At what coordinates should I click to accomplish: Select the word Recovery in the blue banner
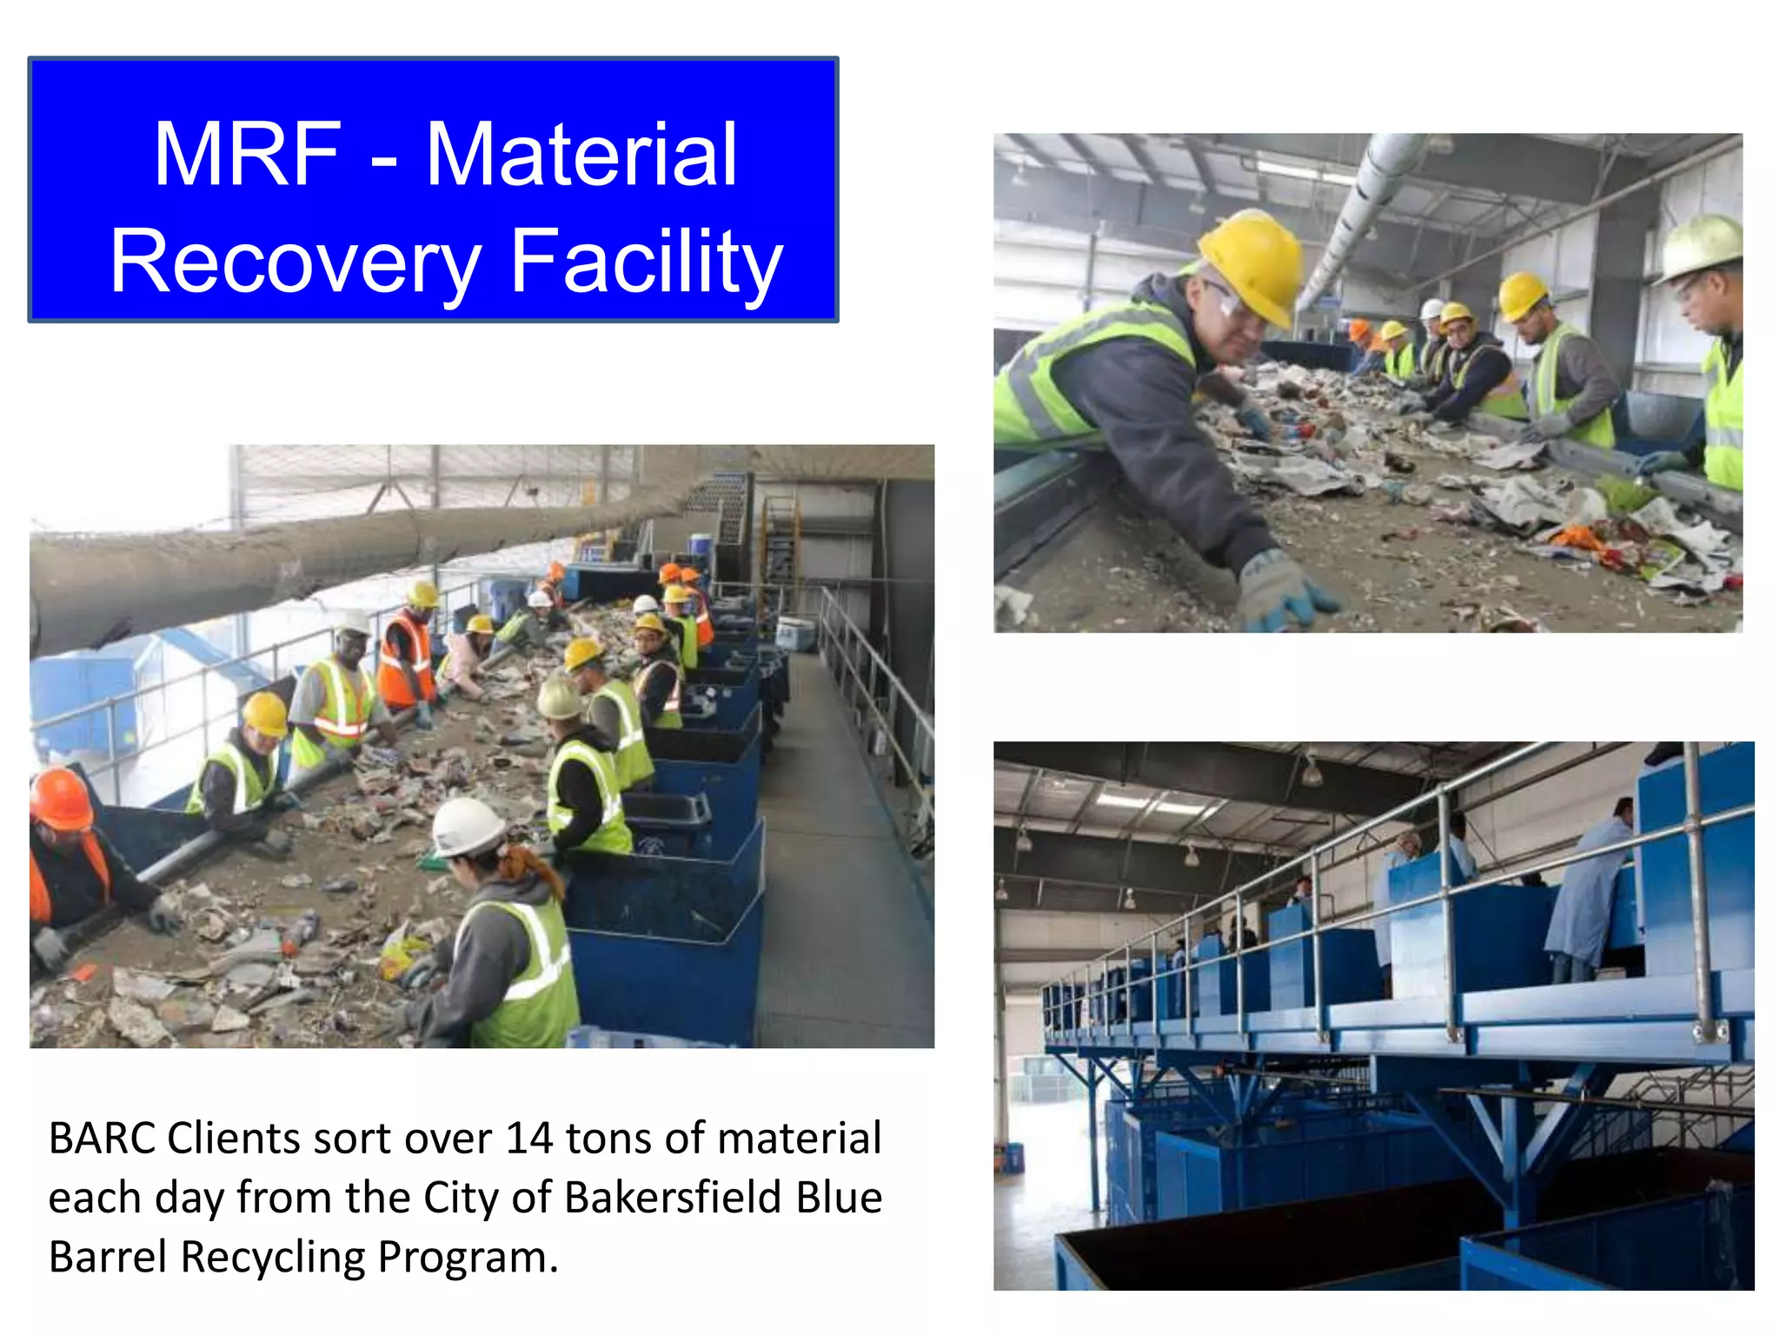tap(296, 262)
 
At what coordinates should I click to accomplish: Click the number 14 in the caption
tap(529, 1139)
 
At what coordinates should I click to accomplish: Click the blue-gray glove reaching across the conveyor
tap(1283, 591)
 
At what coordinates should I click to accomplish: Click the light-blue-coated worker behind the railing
tap(1591, 895)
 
